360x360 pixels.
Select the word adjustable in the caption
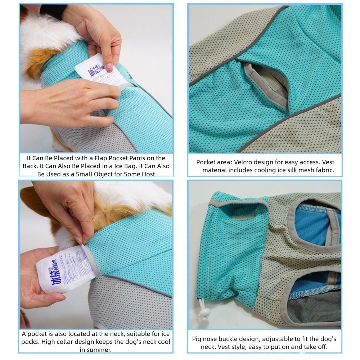pos(280,339)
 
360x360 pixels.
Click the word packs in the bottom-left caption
pos(30,341)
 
